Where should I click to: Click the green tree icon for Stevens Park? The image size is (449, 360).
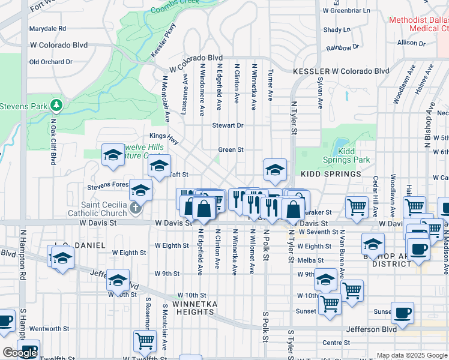point(57,106)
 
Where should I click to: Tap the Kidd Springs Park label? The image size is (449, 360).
point(354,155)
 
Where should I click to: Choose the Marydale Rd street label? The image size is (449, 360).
point(47,28)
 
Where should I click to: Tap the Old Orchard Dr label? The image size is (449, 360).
point(50,62)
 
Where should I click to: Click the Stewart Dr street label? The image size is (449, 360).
point(228,125)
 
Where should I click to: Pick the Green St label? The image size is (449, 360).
point(231,149)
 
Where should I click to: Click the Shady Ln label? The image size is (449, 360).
point(337,29)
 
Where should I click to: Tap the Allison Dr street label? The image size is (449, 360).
point(411,43)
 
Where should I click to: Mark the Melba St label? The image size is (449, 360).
point(311,260)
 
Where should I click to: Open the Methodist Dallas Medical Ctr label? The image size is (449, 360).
point(418,24)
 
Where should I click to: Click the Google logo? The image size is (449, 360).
point(20,353)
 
